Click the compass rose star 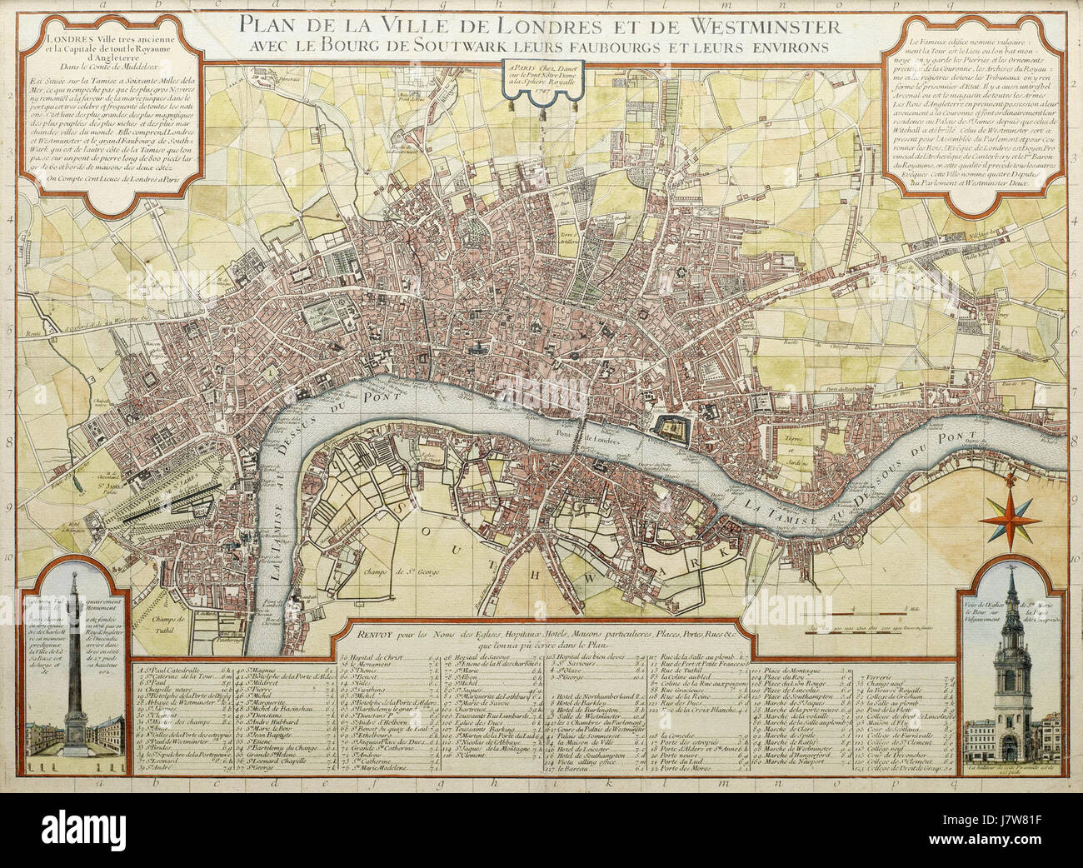pyautogui.click(x=1010, y=519)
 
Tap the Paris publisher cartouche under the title pyautogui.click(x=538, y=79)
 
